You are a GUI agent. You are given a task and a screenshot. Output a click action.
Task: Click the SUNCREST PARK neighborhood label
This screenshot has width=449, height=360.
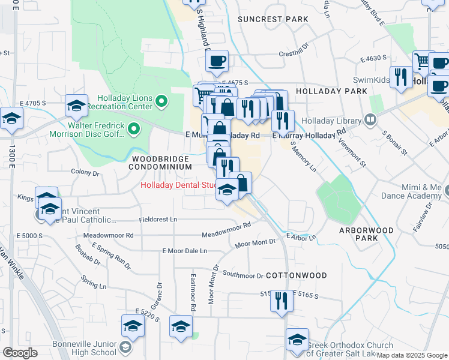coord(273,19)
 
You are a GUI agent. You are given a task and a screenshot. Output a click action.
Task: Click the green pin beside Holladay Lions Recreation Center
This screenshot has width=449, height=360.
coord(160,102)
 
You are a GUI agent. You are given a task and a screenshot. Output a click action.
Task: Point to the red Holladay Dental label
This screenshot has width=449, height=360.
coord(178,185)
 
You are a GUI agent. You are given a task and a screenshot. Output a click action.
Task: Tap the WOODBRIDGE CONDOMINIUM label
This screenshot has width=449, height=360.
coord(161,163)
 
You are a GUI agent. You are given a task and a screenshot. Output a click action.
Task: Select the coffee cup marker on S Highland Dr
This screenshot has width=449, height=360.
coord(217,60)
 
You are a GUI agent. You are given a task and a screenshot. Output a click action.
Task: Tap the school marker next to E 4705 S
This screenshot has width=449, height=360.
coord(77,106)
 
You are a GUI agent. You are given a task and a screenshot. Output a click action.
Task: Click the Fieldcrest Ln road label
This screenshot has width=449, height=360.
coord(158,220)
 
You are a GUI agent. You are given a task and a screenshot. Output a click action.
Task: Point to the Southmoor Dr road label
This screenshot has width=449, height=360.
coord(243,275)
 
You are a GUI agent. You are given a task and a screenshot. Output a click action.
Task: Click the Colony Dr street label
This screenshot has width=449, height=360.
coord(85,173)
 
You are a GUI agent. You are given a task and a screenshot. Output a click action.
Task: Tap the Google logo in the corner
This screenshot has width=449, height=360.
coord(20,353)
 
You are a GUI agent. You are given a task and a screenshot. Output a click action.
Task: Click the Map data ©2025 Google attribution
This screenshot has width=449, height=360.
coord(412,355)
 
